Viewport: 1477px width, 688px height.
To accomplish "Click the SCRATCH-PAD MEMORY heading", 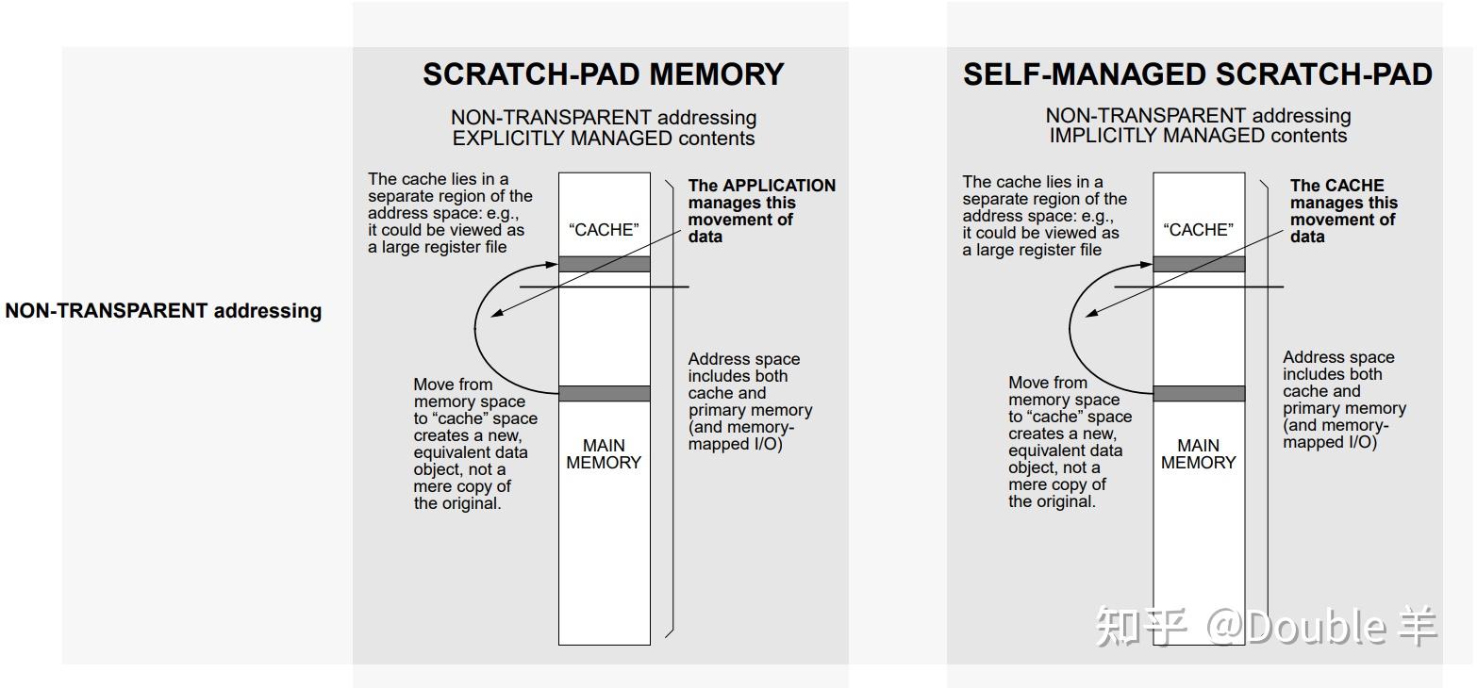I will pos(603,74).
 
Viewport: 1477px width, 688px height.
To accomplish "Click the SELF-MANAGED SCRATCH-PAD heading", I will pos(1197,74).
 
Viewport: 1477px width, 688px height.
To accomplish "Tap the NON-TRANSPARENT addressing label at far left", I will pos(163,311).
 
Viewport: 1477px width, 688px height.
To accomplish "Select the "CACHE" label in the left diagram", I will pos(604,230).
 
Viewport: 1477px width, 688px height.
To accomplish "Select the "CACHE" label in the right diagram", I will pos(1199,230).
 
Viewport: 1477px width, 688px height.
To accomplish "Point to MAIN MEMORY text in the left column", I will pos(604,454).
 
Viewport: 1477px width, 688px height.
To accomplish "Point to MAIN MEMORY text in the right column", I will pos(1199,454).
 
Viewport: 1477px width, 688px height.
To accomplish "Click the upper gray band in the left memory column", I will pos(604,264).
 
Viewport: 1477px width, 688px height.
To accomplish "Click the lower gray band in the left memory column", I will pos(604,393).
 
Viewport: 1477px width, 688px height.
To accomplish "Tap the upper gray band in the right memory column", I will pos(1199,264).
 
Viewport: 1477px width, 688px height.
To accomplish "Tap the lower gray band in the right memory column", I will pos(1199,393).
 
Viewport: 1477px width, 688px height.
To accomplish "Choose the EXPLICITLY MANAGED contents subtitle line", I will pos(604,139).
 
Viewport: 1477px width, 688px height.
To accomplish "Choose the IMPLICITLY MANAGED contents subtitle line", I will pos(1198,136).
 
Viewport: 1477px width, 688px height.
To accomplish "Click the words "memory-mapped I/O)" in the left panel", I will pos(740,435).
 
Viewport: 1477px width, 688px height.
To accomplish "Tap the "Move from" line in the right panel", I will pos(1047,383).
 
